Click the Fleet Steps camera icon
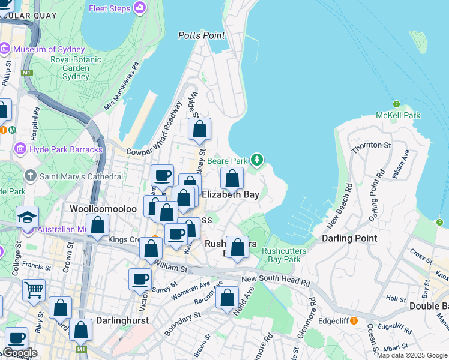coord(140,8)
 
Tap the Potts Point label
coord(201,35)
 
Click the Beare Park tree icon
coord(257,160)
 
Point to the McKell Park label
coord(398,115)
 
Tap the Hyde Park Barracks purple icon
coord(20,148)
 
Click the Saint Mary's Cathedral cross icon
coord(31,176)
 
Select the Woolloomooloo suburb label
coord(103,209)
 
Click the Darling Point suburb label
coord(349,238)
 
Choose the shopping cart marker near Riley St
coord(34,290)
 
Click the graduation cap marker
coord(27,217)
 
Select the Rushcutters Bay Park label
coord(285,255)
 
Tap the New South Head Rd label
coord(276,281)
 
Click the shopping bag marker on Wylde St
coord(199,129)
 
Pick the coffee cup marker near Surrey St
coord(140,279)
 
